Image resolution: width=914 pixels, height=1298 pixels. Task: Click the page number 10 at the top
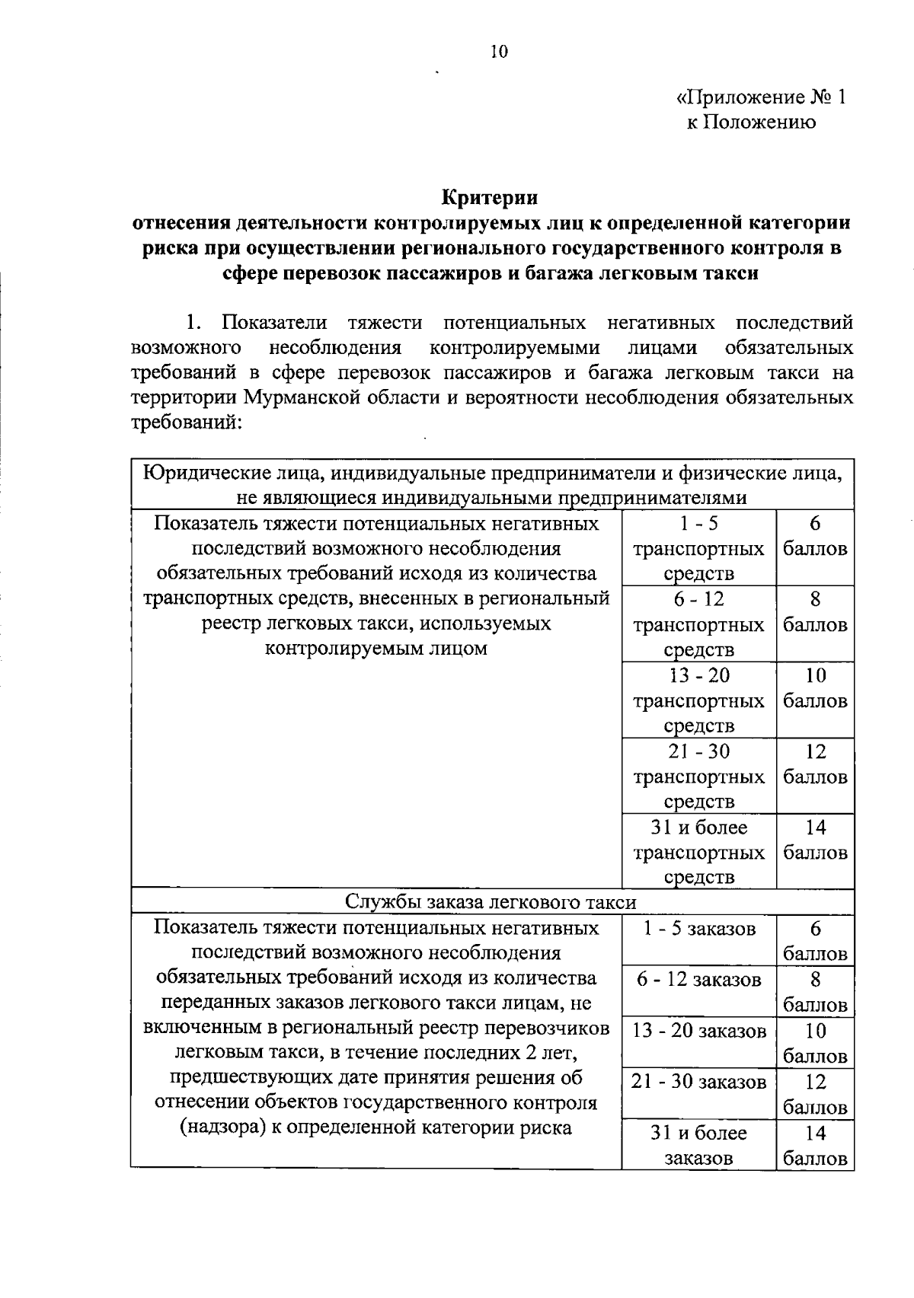point(498,51)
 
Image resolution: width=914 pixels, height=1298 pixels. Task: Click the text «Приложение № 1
point(761,97)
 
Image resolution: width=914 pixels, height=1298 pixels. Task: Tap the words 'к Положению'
point(751,123)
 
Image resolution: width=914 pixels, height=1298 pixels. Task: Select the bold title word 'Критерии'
point(491,198)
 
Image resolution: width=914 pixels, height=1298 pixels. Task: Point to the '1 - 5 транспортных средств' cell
point(698,548)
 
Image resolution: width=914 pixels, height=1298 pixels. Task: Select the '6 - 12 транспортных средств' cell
point(698,624)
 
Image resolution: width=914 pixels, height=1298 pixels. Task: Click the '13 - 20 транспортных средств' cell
point(698,700)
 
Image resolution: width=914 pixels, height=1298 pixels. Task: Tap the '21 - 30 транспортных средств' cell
point(698,776)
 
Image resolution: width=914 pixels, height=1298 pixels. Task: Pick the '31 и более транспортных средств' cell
point(698,851)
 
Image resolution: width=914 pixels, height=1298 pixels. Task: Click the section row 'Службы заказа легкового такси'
point(491,902)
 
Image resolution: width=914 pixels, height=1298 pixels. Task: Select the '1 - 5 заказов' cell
point(698,929)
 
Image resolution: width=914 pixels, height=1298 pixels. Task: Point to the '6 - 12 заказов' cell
point(698,980)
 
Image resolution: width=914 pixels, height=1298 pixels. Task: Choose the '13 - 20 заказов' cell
point(698,1031)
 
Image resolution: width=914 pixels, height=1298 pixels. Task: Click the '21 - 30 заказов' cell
point(698,1082)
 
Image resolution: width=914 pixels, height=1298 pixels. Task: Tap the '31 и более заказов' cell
point(698,1145)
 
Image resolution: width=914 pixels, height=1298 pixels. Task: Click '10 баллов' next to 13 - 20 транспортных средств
point(815,688)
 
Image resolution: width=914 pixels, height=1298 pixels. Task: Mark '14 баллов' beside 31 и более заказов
point(815,1145)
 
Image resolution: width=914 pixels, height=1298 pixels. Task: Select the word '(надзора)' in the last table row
point(219,1127)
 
